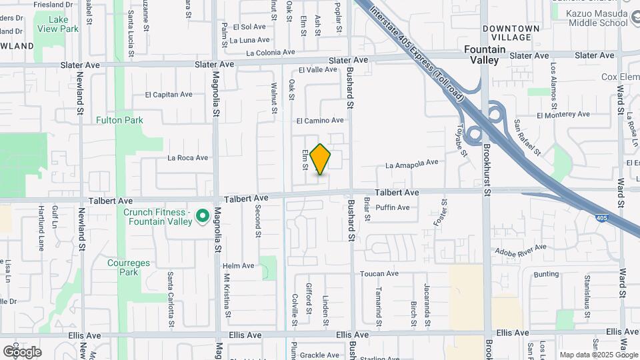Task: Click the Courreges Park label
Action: point(123,267)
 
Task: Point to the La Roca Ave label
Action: point(188,158)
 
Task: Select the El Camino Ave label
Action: point(320,121)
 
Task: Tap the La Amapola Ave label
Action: point(411,162)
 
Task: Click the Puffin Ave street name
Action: point(393,207)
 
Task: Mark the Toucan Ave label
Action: point(379,273)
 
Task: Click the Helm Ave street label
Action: point(239,265)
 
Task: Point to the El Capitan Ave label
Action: point(169,95)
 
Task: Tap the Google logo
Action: point(22,351)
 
